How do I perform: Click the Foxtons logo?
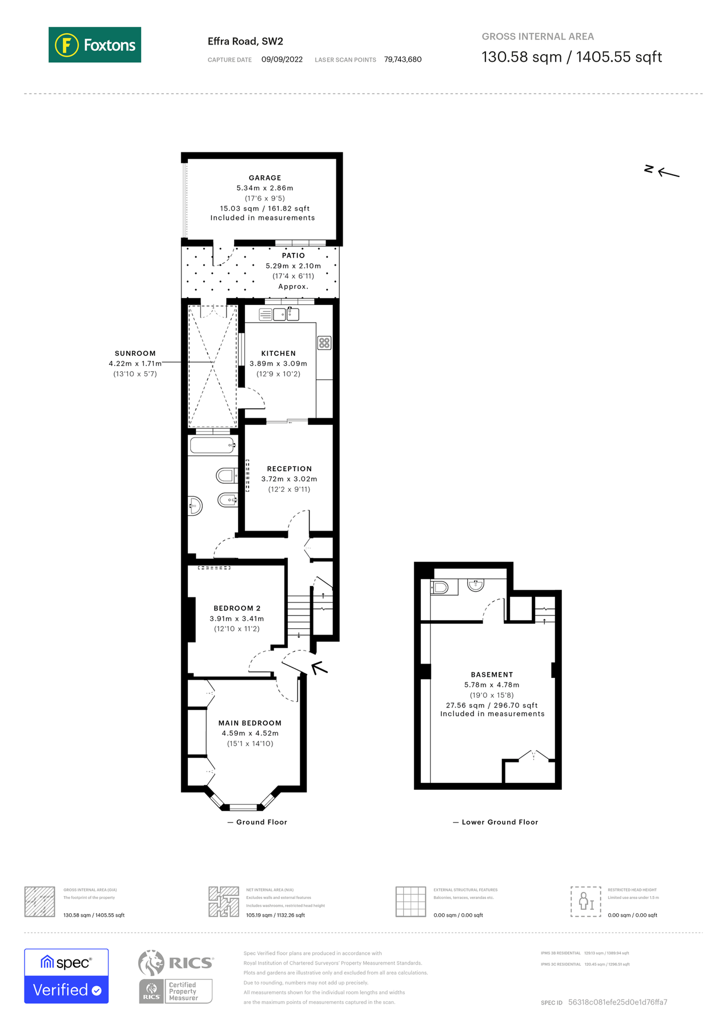[x=95, y=45]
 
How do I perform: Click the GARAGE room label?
[x=264, y=178]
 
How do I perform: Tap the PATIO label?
[x=293, y=255]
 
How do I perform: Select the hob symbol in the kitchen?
[x=324, y=343]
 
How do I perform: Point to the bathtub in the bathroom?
[x=212, y=445]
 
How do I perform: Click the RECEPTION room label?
[x=289, y=468]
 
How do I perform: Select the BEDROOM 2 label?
[x=236, y=608]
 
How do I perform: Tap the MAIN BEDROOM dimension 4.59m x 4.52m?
[x=250, y=733]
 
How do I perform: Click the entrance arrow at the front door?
[x=319, y=667]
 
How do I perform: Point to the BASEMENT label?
[x=492, y=674]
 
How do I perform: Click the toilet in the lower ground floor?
[x=440, y=587]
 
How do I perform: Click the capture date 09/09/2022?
[x=282, y=59]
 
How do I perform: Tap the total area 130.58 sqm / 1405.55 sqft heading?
[x=571, y=57]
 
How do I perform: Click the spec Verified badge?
[x=66, y=976]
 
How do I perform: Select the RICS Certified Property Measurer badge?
[x=176, y=976]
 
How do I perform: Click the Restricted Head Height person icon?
[x=585, y=901]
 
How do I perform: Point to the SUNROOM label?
[x=135, y=354]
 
